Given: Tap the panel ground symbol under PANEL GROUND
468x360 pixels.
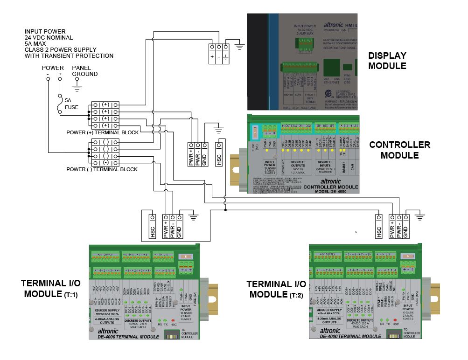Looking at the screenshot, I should [77, 87].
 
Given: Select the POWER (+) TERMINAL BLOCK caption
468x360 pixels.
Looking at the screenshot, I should [102, 132].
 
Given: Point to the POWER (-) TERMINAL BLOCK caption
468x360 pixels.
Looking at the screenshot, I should [102, 169].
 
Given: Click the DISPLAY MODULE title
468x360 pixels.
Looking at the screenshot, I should [387, 61].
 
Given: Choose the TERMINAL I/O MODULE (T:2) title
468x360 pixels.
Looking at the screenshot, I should [276, 289].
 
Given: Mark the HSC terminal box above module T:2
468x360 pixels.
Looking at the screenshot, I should [379, 227].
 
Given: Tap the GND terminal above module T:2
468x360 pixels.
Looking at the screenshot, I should [405, 227].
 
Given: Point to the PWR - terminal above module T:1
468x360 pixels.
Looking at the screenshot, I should [173, 227].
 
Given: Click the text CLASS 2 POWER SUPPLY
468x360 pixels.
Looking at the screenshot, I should [61, 50].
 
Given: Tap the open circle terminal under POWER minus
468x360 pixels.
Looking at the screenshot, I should [48, 79].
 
